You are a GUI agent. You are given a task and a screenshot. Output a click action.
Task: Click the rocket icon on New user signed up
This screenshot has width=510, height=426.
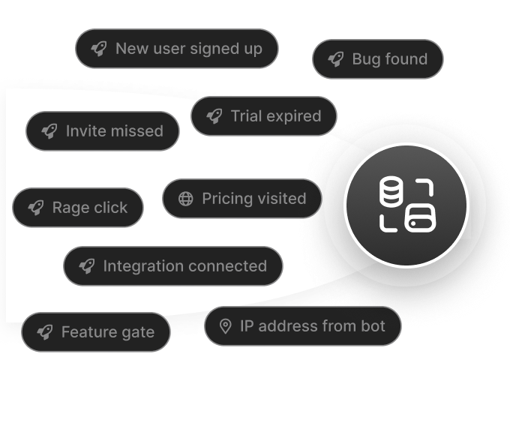(99, 49)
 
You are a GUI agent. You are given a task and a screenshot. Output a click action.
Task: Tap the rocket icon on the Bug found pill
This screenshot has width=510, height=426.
(335, 59)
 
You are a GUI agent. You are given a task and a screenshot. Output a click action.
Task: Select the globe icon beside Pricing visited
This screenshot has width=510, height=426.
(185, 199)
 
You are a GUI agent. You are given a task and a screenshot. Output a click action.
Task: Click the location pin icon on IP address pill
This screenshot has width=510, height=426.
(224, 326)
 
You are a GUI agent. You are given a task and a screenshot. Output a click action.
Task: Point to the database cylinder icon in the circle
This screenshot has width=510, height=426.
(390, 193)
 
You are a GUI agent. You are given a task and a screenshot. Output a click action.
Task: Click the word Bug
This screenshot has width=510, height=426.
(366, 59)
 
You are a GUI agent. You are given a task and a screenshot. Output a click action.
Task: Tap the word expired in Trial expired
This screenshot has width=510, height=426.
(294, 116)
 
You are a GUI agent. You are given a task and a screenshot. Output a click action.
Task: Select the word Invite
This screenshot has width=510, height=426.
(85, 131)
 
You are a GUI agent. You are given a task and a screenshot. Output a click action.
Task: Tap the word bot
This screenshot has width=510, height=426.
(373, 326)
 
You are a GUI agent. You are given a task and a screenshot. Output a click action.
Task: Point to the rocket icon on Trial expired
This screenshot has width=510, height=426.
(214, 116)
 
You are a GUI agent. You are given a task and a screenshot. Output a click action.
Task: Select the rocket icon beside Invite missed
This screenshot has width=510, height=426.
(49, 131)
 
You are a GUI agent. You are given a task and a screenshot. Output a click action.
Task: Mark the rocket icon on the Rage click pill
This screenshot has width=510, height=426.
(35, 208)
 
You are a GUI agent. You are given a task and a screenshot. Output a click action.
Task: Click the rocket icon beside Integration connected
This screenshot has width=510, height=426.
(86, 266)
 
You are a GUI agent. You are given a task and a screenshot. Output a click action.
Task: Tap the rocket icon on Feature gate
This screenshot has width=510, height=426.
(44, 332)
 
